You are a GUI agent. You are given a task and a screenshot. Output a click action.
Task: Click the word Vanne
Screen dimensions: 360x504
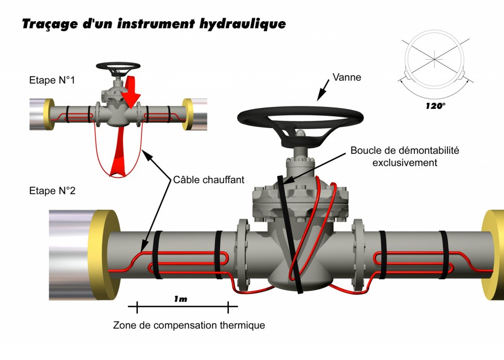click(x=347, y=77)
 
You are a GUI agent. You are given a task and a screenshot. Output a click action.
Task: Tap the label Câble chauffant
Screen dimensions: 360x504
click(x=209, y=180)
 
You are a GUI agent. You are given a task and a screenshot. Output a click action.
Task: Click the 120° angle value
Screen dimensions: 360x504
click(x=435, y=105)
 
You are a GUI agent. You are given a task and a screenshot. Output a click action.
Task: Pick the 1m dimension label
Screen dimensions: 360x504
click(x=181, y=299)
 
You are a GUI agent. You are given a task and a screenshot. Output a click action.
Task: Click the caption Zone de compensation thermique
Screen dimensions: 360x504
click(x=189, y=325)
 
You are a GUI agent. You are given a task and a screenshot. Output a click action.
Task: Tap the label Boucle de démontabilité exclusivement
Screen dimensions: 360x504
click(x=405, y=156)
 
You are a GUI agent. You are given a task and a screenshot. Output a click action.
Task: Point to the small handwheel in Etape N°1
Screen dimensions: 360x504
click(x=118, y=66)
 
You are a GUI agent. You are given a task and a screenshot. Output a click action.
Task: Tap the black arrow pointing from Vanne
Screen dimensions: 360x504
click(x=324, y=91)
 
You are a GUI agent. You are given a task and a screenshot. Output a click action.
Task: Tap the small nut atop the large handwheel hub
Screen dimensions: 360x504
click(x=300, y=132)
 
